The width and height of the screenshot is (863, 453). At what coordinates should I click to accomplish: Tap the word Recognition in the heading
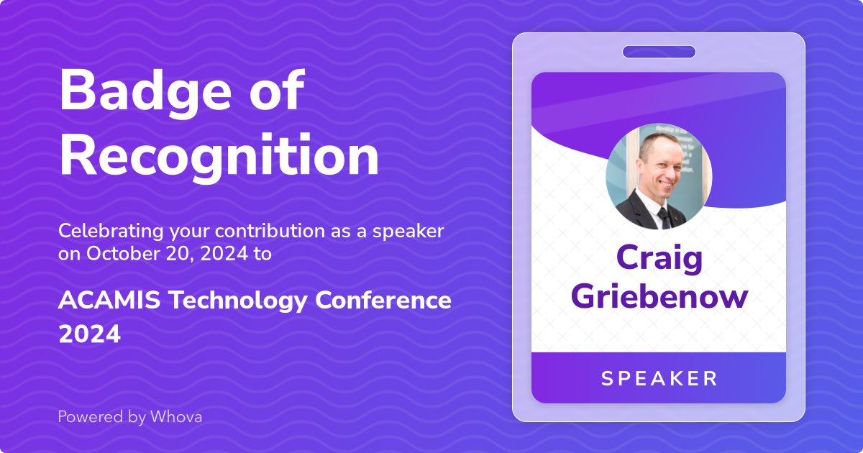[x=219, y=156]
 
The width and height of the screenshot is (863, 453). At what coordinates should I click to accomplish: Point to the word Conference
[x=383, y=301]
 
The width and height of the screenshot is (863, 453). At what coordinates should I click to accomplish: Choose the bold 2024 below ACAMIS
[x=89, y=334]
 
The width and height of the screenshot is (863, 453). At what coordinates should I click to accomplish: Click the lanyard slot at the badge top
[x=659, y=52]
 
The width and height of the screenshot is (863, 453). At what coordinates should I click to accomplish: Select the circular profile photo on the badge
[x=659, y=176]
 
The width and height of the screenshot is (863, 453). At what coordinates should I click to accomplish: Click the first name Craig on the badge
[x=659, y=259]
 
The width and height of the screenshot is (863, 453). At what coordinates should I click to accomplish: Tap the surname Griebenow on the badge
[x=659, y=296]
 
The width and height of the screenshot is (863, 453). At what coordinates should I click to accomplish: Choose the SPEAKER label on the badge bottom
[x=659, y=378]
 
